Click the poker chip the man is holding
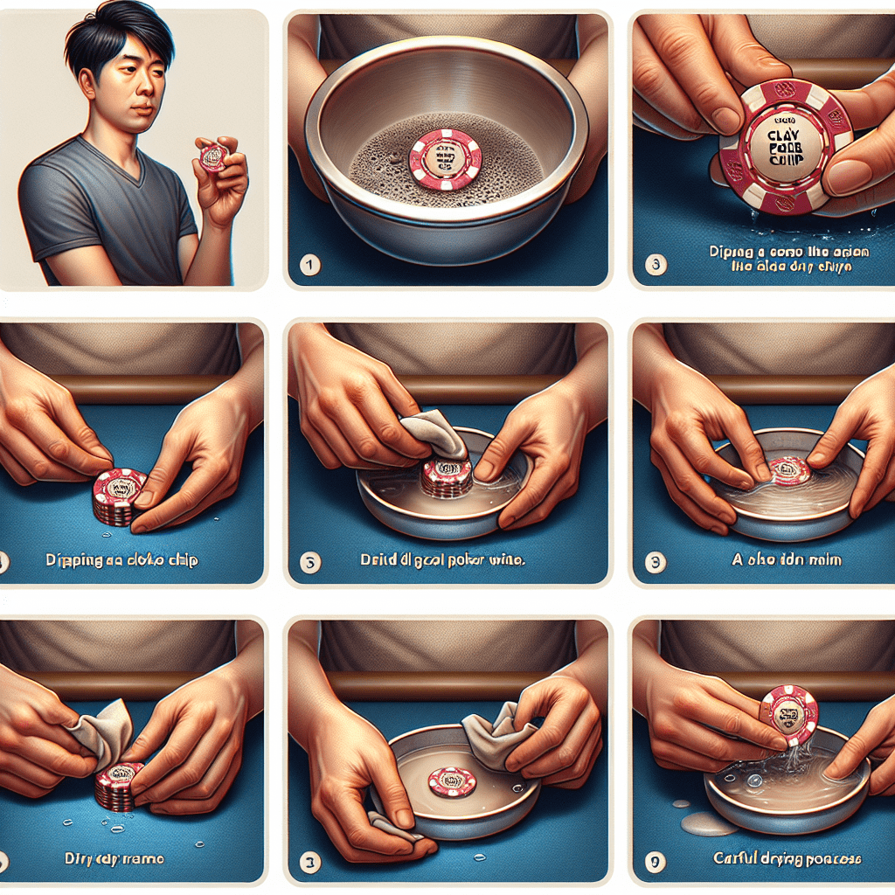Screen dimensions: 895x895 click(212, 156)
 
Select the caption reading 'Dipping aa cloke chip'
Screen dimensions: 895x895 click(121, 560)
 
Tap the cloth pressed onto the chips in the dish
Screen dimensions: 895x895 click(434, 434)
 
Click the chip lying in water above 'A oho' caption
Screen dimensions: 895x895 click(789, 470)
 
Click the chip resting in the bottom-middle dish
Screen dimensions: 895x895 click(452, 780)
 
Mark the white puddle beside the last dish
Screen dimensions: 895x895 click(708, 823)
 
